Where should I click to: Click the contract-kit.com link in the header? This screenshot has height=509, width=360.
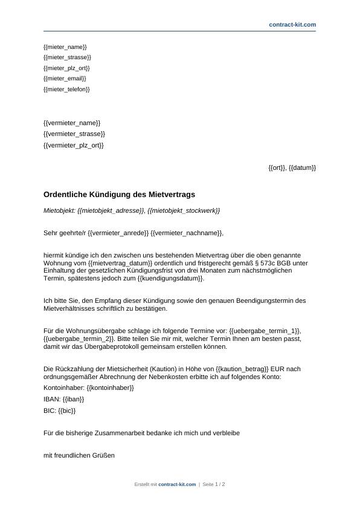(292, 25)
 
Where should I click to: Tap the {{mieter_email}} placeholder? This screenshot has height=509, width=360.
(65, 79)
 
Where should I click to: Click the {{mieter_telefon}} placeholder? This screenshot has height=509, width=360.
(67, 89)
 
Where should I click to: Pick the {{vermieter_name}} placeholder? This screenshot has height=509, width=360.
(72, 123)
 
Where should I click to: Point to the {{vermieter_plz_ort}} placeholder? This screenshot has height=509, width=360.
(74, 145)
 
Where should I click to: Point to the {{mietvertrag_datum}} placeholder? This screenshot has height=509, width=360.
(115, 264)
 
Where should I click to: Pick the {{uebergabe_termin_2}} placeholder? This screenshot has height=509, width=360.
(78, 339)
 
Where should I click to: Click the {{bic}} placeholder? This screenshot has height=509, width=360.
(67, 410)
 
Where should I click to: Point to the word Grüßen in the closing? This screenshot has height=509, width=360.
(102, 455)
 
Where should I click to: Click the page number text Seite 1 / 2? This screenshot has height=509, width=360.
(214, 484)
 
